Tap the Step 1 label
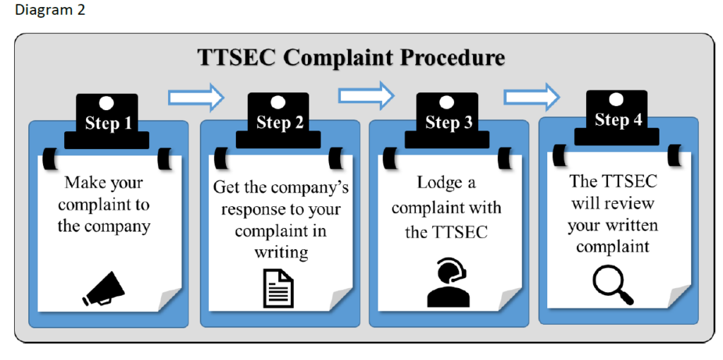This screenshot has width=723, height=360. click(x=108, y=124)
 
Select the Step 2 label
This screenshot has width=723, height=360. click(x=280, y=122)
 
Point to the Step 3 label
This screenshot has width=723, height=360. click(x=448, y=123)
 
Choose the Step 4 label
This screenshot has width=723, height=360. click(x=618, y=119)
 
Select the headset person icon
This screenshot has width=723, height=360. click(x=448, y=283)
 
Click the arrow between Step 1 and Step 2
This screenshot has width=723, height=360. click(x=196, y=97)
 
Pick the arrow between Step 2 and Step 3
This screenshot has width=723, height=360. click(x=366, y=95)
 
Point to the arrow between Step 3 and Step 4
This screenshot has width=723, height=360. click(x=532, y=95)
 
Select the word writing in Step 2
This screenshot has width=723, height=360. click(x=280, y=252)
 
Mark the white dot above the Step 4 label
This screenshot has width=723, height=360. click(x=616, y=100)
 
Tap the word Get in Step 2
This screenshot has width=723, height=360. click(x=227, y=188)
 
